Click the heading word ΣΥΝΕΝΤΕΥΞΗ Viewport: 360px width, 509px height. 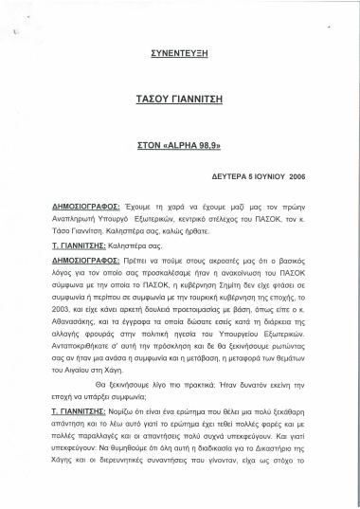pos(180,56)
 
